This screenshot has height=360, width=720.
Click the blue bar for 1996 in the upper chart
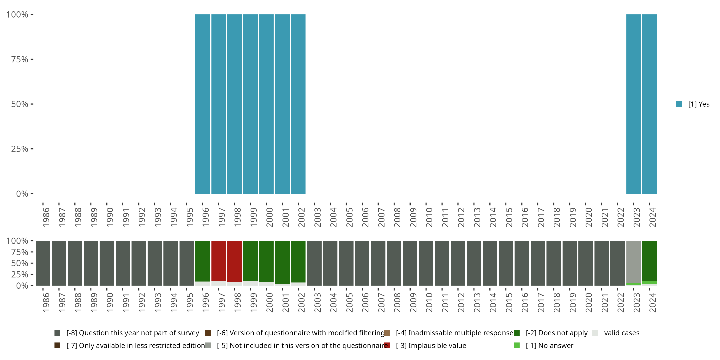point(202,104)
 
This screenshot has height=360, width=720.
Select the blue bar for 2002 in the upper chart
point(298,104)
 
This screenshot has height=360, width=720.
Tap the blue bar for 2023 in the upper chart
point(633,104)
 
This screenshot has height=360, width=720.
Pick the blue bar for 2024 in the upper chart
point(649,104)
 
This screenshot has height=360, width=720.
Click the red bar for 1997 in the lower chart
point(219,260)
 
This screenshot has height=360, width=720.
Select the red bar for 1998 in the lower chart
point(234,261)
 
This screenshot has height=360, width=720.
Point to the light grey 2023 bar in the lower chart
point(633,262)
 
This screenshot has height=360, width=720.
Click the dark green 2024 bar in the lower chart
point(649,260)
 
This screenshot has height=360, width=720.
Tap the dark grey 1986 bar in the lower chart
point(43,263)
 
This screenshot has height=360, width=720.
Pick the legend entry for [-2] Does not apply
point(556,333)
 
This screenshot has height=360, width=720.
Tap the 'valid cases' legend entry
point(621,333)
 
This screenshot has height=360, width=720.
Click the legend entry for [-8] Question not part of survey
point(132,333)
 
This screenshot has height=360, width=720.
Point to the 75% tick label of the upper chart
point(20,59)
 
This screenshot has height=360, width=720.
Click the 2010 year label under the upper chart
point(429,217)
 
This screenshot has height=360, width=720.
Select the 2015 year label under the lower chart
point(509,302)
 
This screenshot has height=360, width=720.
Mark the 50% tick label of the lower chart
point(20,263)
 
